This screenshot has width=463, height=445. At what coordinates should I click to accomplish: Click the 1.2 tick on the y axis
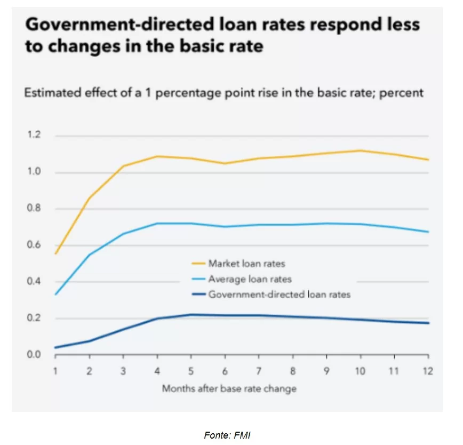(x=34, y=136)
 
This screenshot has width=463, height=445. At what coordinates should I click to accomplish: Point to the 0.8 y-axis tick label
(x=34, y=209)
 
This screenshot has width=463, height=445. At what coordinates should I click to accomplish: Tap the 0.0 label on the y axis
(x=34, y=354)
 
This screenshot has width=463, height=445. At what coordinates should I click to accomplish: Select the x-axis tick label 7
(x=259, y=371)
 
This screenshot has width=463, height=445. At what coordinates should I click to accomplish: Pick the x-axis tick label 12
(x=428, y=371)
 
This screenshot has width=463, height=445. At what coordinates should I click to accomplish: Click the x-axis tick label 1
(x=55, y=371)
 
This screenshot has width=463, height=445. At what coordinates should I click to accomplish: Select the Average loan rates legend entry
(x=250, y=279)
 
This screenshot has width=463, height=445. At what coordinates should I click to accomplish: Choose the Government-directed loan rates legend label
(x=279, y=294)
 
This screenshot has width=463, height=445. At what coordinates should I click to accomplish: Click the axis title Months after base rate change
(x=229, y=388)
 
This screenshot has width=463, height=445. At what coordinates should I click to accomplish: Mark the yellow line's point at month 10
(x=361, y=150)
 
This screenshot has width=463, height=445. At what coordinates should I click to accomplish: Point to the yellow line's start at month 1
(x=55, y=254)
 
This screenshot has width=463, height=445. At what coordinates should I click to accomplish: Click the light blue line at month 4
(x=157, y=223)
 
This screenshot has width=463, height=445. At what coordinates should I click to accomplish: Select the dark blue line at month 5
(x=191, y=314)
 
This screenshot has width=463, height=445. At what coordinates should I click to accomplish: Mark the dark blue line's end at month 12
(x=428, y=323)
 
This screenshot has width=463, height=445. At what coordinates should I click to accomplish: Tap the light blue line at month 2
(x=90, y=255)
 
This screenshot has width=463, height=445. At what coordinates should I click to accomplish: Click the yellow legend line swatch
(x=198, y=264)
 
